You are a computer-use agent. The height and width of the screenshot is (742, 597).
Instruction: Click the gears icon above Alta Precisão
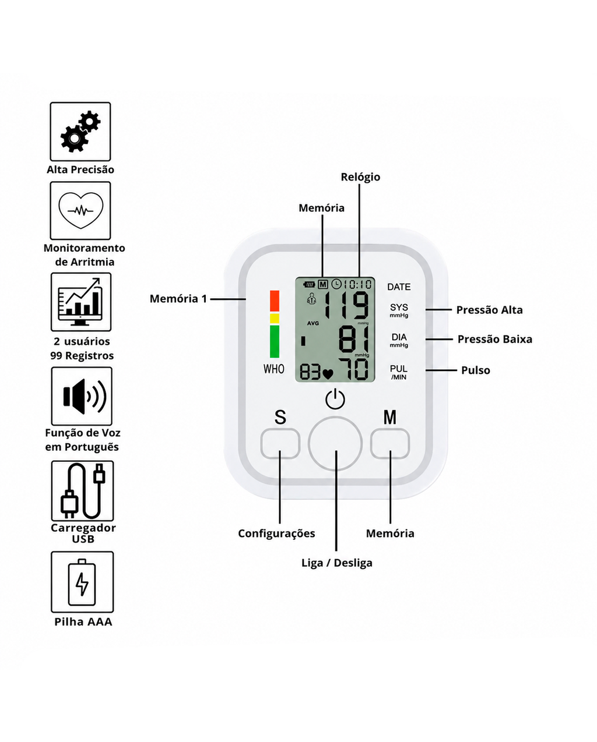pyautogui.click(x=80, y=132)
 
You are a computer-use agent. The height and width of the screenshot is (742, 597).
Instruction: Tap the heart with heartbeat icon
pyautogui.click(x=81, y=210)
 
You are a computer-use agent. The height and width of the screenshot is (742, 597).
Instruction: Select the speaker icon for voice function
pyautogui.click(x=85, y=396)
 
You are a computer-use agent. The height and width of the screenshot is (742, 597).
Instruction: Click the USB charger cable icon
pyautogui.click(x=83, y=491)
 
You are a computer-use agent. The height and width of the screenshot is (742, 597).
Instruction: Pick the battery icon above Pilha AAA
pyautogui.click(x=82, y=582)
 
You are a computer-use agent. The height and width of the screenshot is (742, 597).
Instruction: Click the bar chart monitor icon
pyautogui.click(x=81, y=302)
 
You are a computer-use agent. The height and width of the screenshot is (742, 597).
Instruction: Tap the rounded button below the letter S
pyautogui.click(x=280, y=443)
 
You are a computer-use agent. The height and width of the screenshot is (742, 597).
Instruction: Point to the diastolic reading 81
pyautogui.click(x=354, y=340)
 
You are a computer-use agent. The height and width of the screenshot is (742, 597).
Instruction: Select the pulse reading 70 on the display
pyautogui.click(x=354, y=369)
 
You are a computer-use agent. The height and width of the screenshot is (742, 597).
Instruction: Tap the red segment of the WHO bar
pyautogui.click(x=275, y=301)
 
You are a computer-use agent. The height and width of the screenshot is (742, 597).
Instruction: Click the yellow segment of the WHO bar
pyautogui.click(x=275, y=318)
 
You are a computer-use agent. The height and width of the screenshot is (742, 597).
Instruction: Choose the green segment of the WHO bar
pyautogui.click(x=275, y=341)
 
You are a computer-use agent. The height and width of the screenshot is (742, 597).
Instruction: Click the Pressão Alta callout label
pyautogui.click(x=489, y=310)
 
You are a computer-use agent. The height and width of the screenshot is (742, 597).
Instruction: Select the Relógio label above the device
pyautogui.click(x=360, y=177)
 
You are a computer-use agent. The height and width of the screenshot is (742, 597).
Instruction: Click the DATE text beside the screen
pyautogui.click(x=399, y=287)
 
